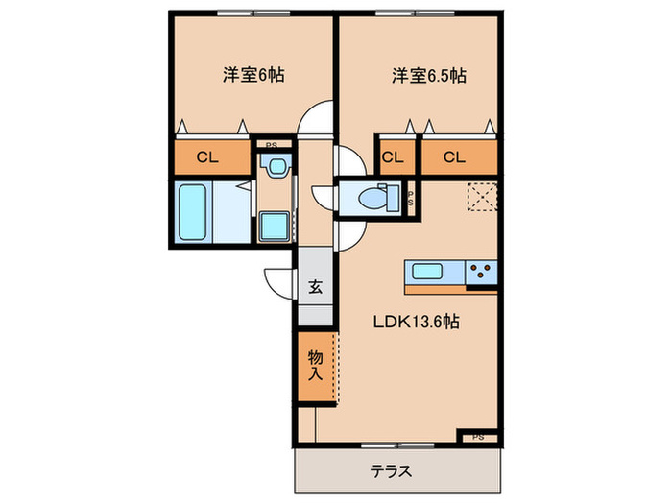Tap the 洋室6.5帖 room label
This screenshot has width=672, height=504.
[x=427, y=74]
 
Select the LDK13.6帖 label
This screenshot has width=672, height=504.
[x=416, y=323]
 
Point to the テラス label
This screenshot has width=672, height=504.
[x=394, y=471]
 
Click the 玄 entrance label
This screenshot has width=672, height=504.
[x=315, y=286]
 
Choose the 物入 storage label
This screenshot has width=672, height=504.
[x=314, y=366]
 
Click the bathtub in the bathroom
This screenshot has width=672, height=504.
[x=194, y=212]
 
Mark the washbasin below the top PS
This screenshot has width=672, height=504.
[x=276, y=166]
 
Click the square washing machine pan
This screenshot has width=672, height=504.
[x=276, y=228]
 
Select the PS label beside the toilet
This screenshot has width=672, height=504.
[x=411, y=198]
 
